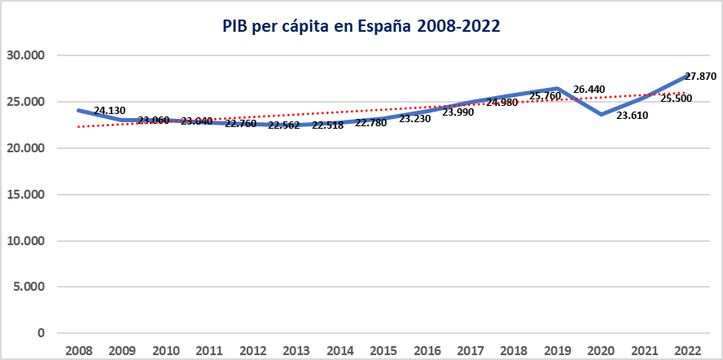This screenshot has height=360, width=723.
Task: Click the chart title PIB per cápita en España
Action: [361, 26]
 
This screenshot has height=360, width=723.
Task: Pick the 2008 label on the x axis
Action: [78, 349]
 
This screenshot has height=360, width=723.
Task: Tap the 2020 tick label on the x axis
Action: [601, 349]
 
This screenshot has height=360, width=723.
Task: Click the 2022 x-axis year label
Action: [688, 349]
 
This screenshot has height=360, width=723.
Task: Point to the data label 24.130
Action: [109, 110]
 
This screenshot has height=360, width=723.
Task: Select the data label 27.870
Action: [700, 76]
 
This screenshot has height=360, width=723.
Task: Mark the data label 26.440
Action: [589, 89]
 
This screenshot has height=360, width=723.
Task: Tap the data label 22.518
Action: [327, 125]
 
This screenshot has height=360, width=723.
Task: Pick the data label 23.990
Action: [458, 112]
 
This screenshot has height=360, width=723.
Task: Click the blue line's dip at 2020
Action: [601, 115]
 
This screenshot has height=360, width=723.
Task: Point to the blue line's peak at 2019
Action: [558, 88]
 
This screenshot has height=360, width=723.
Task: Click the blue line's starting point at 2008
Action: [78, 110]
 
